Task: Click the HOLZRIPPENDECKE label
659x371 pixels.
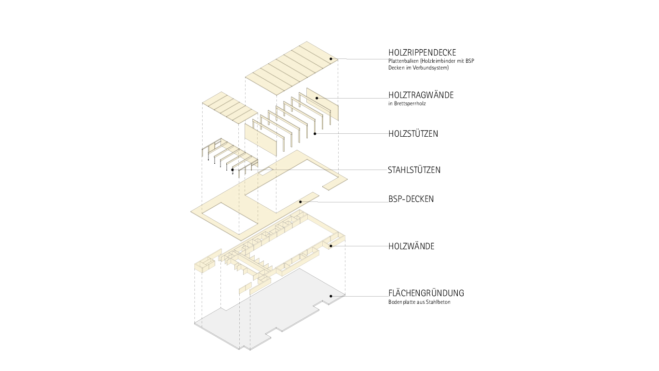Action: (422, 53)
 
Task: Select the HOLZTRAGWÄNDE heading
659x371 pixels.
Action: (421, 95)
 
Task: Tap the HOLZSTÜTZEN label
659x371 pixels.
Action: (413, 134)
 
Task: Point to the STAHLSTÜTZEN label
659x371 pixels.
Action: (414, 170)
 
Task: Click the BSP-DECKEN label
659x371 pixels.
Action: (411, 199)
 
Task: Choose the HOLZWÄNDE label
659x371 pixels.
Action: (412, 246)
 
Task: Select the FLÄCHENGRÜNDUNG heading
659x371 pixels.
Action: (426, 293)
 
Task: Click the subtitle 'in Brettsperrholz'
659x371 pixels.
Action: (407, 103)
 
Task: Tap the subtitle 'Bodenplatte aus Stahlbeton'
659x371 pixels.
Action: (419, 302)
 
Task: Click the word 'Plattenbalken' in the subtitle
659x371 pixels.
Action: (403, 61)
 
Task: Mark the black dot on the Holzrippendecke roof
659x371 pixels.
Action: (330, 59)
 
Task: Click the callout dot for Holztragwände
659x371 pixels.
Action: (317, 98)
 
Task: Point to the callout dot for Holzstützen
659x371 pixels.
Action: (315, 134)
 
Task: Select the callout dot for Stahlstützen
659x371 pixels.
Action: (233, 170)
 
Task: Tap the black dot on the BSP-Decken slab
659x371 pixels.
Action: (301, 202)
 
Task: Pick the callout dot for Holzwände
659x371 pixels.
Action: (330, 246)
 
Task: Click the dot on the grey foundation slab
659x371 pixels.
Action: (330, 296)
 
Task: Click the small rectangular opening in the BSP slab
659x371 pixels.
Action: (265, 171)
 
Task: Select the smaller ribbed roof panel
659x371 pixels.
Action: (230, 108)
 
